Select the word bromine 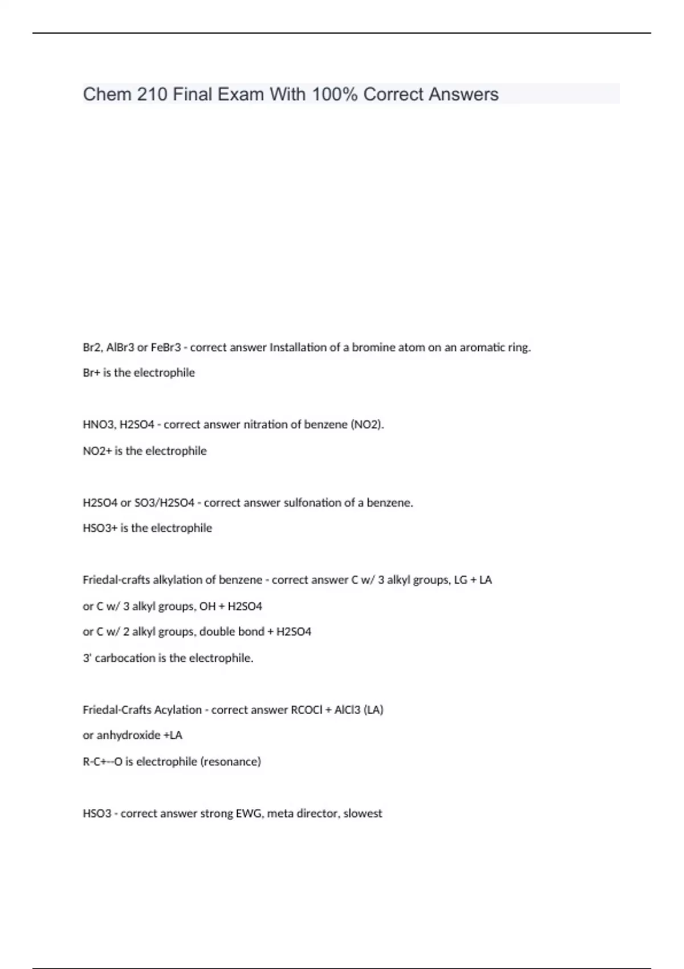click(373, 347)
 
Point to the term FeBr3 click(166, 347)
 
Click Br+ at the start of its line click(91, 373)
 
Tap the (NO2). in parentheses click(367, 425)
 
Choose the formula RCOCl click(307, 710)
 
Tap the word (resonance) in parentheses click(230, 762)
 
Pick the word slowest click(363, 813)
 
